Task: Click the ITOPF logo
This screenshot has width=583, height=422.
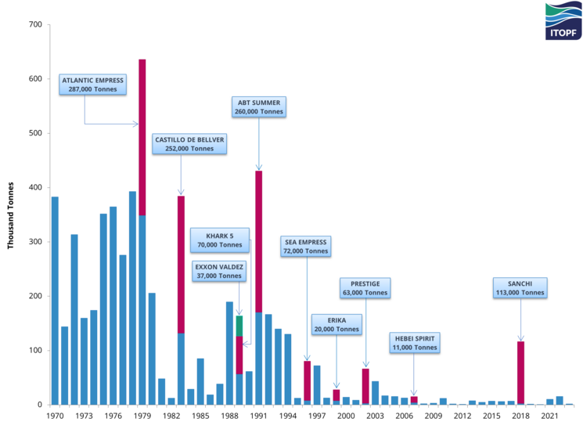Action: [563, 20]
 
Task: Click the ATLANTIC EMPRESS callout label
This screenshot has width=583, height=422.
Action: [92, 85]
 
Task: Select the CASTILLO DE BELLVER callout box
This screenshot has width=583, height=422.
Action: [189, 143]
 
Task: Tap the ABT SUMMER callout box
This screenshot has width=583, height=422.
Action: [259, 106]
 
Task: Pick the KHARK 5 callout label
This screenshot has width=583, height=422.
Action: [220, 240]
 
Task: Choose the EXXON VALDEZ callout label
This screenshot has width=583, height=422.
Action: [220, 271]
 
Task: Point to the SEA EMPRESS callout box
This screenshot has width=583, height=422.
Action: [306, 247]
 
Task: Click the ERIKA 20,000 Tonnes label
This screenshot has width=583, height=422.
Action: [336, 324]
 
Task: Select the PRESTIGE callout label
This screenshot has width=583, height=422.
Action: [365, 287]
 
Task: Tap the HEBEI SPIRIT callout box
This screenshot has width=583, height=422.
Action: [415, 342]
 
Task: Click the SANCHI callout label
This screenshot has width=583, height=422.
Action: [520, 287]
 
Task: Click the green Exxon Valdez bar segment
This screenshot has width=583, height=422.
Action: [239, 325]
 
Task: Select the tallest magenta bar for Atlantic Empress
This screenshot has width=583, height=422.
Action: [142, 137]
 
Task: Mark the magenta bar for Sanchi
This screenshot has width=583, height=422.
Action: [520, 372]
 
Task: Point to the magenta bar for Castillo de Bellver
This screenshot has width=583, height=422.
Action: [181, 262]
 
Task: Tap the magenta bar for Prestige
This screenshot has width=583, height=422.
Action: [365, 385]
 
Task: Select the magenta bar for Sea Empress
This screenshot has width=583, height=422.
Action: [308, 381]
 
